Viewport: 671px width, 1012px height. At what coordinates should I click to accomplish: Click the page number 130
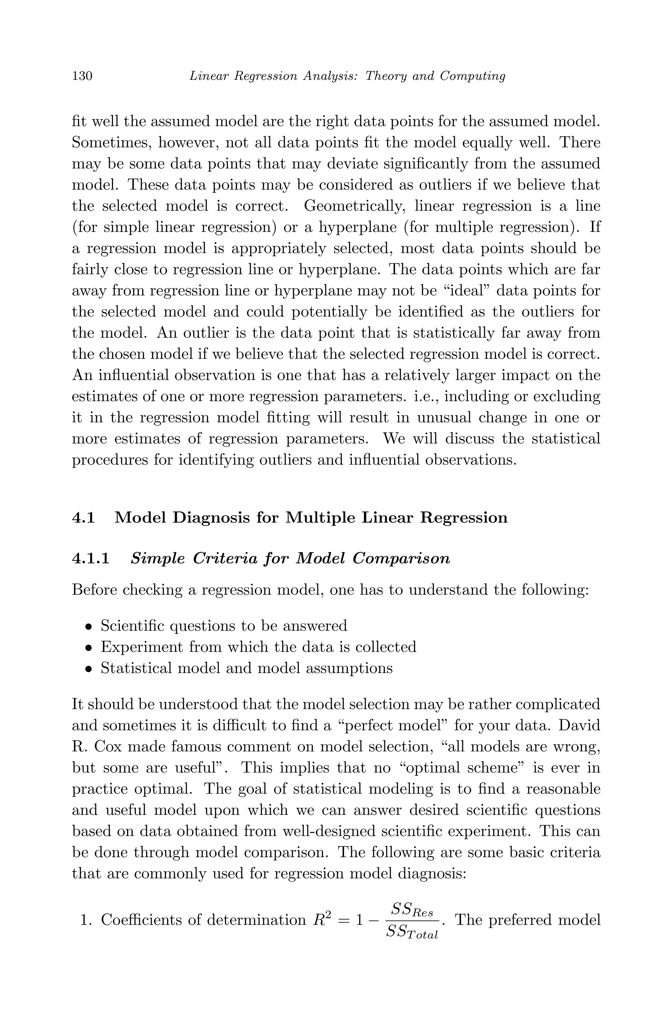pyautogui.click(x=82, y=76)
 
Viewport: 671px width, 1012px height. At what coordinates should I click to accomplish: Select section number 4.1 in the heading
pyautogui.click(x=84, y=518)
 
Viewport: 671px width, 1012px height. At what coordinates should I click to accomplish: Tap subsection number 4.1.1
pyautogui.click(x=91, y=559)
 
